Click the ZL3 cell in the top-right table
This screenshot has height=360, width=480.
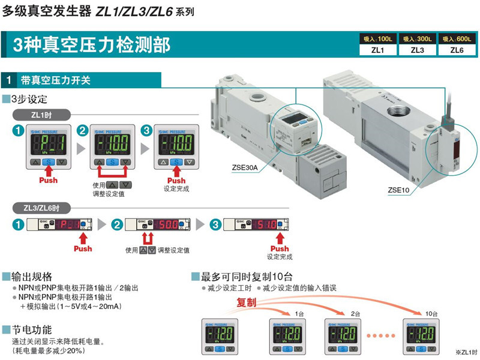pos(418,50)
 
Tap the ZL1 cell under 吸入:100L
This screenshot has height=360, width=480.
pos(378,50)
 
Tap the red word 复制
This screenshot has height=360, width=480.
pos(247,303)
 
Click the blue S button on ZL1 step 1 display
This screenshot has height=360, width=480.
pos(49,162)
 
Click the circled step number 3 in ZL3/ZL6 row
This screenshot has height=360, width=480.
pos(215,224)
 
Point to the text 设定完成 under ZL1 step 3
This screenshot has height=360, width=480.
pos(177,188)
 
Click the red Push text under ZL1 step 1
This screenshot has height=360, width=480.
pos(49,180)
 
